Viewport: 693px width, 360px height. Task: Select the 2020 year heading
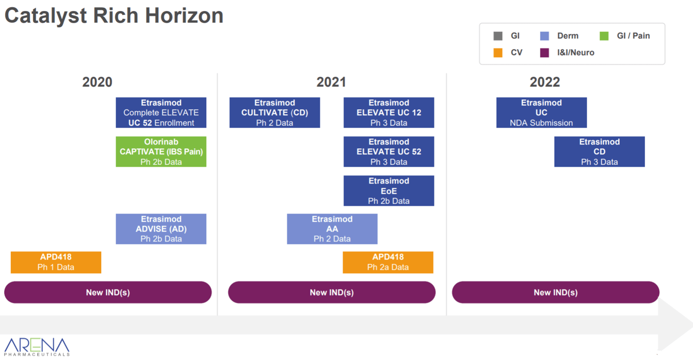97,82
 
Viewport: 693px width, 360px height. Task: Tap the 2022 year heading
545,82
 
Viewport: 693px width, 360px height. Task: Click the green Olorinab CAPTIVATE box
161,151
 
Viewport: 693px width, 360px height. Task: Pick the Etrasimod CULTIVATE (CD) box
275,113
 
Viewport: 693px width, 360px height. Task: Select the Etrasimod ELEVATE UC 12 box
389,113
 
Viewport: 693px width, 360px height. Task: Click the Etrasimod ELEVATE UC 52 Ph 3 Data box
389,151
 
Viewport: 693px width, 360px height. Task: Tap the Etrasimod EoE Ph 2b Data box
389,191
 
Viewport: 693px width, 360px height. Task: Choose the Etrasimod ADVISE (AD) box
161,229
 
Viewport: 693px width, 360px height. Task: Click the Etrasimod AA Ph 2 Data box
332,229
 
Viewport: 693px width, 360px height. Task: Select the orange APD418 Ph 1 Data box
56,263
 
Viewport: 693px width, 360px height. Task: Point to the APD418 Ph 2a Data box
388,263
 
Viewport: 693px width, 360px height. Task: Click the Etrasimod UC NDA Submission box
541,113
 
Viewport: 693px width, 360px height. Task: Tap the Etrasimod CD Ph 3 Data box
600,151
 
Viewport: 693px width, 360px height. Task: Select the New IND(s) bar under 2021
331,292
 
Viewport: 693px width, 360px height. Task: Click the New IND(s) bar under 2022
556,292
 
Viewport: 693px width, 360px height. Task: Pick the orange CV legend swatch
498,53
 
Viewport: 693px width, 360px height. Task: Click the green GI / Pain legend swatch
604,36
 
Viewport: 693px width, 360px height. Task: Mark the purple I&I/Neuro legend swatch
545,53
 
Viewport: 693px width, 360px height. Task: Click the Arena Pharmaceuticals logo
37,347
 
